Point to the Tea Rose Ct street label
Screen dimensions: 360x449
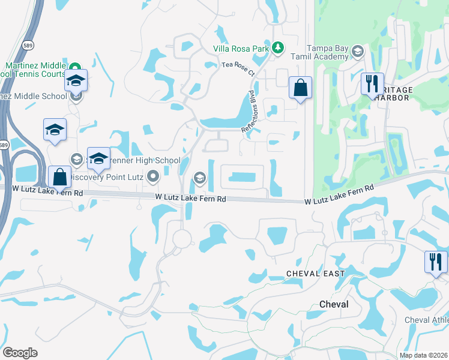[239, 68]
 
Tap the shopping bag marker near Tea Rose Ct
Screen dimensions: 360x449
[300, 89]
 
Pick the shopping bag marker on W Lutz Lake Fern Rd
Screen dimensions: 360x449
[59, 178]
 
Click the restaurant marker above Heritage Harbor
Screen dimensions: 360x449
[372, 84]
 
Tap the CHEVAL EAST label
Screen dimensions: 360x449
[315, 274]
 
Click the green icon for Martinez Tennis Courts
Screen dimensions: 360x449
[75, 67]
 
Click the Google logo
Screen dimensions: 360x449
[20, 353]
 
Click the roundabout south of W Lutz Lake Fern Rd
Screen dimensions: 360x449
[181, 239]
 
